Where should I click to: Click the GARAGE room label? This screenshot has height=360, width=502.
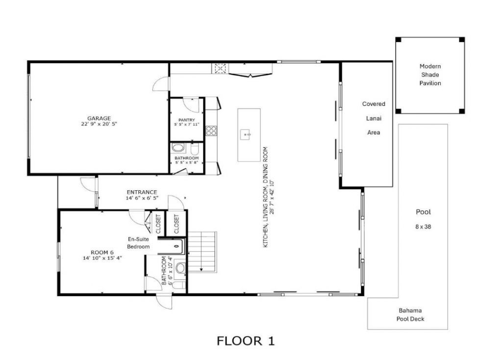99,118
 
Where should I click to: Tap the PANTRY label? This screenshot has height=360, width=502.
187,120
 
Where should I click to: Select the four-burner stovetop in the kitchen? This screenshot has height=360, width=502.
211,130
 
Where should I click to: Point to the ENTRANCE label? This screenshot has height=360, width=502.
142,192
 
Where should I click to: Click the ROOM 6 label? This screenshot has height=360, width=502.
102,253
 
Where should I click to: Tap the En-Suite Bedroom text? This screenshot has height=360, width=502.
139,243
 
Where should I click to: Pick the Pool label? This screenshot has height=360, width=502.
423,212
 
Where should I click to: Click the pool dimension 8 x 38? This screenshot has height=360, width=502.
423,227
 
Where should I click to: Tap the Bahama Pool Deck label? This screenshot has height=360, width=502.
410,315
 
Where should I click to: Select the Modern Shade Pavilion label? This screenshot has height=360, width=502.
430,75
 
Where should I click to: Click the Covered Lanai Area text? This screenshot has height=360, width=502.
374,118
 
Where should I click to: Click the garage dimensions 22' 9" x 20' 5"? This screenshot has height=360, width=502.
99,124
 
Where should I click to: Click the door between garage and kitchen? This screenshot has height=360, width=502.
161,84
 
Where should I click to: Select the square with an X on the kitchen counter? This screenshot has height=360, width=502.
220,68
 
